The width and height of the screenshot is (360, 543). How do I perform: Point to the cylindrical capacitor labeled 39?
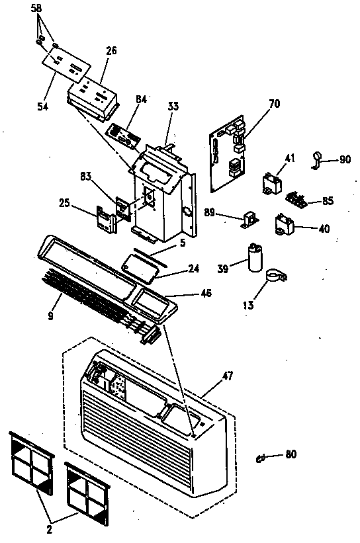(x=255, y=259)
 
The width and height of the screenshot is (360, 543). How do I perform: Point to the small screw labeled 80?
(x=261, y=457)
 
